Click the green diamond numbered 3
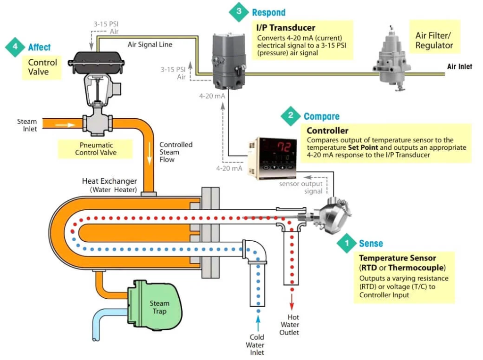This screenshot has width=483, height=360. [x=239, y=12]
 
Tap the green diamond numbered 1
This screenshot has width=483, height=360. [x=347, y=243]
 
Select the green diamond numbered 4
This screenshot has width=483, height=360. [x=15, y=47]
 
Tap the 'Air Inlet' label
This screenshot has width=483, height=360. [x=459, y=67]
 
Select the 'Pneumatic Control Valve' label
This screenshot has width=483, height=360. [x=96, y=149]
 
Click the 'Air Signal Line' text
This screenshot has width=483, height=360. [x=150, y=45]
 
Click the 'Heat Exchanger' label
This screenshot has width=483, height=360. [x=109, y=181]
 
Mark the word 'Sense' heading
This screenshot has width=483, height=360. [x=371, y=244]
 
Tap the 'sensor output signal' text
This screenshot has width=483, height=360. [x=301, y=188]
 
